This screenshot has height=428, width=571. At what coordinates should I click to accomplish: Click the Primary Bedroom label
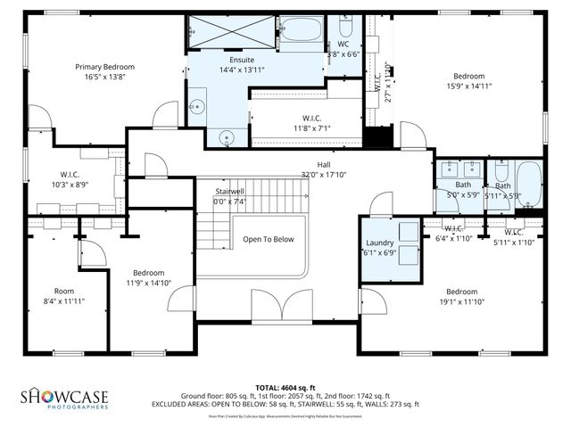click(104, 67)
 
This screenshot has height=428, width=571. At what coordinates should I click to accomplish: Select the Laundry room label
click(381, 243)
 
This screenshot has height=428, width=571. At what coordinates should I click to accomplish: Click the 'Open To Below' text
click(269, 239)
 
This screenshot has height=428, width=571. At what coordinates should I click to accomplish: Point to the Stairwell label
click(229, 192)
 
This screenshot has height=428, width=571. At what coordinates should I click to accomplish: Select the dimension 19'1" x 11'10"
click(462, 302)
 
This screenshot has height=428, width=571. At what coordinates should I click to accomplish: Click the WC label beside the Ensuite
click(343, 45)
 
